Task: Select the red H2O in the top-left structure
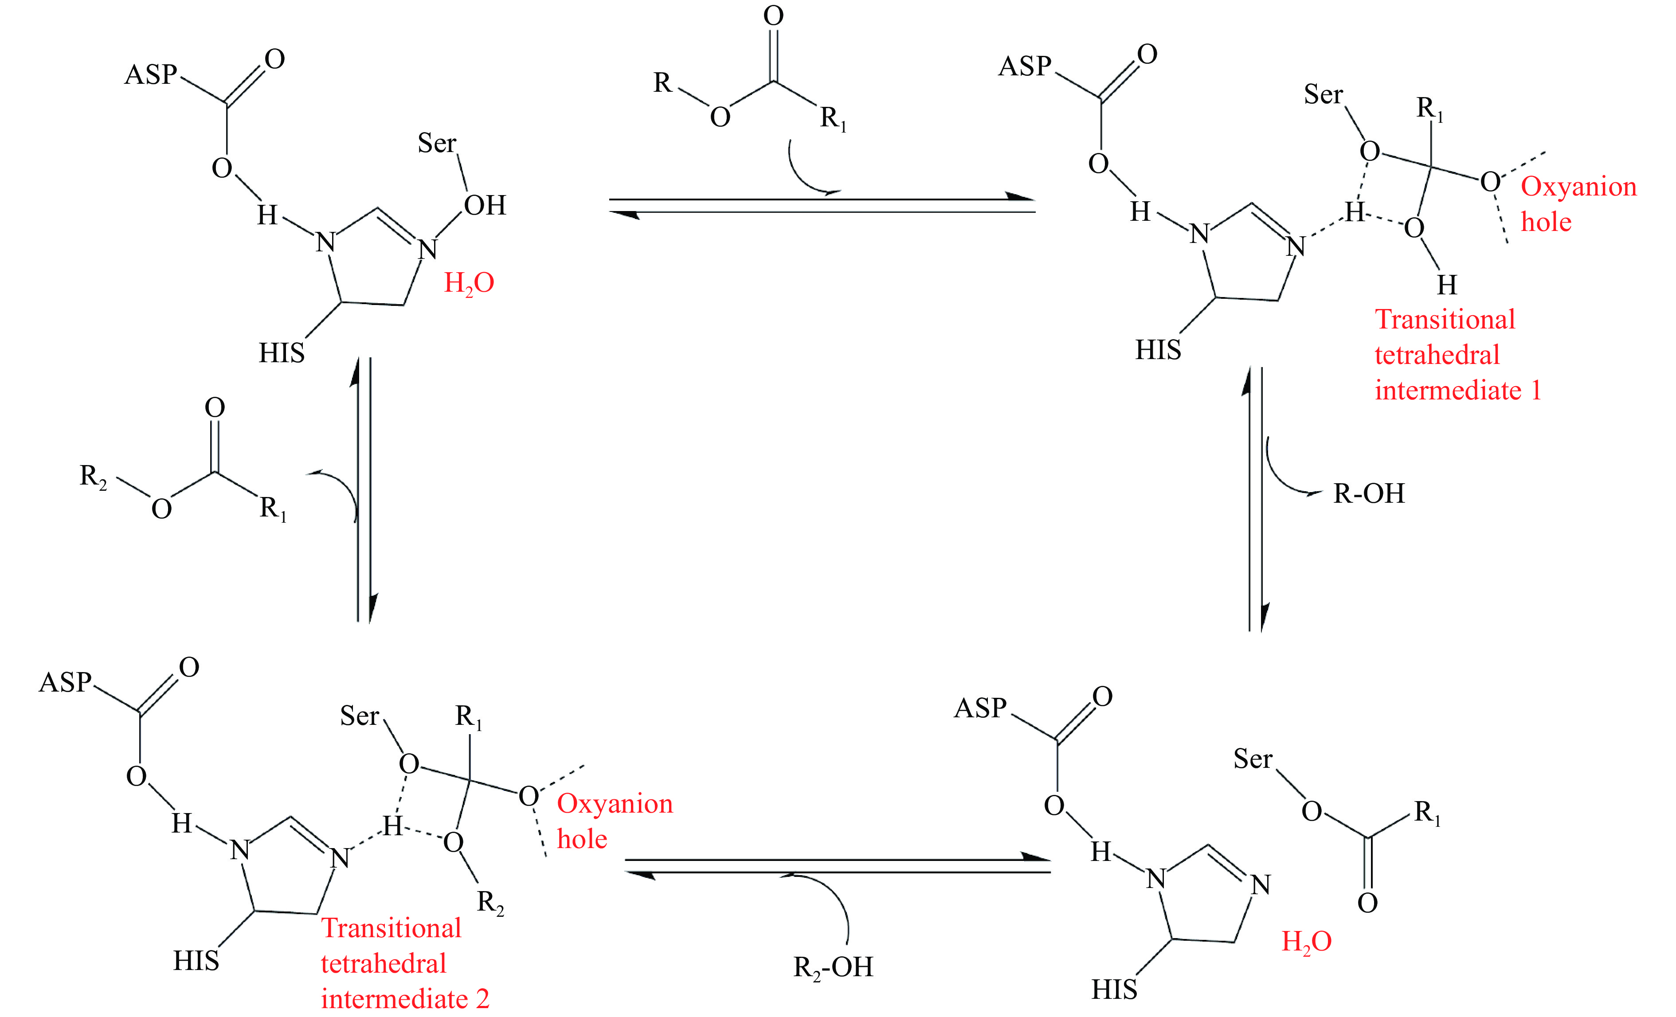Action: pos(469,283)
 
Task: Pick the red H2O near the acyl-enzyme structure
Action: pos(1306,942)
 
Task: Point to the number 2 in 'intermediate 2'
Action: pos(482,999)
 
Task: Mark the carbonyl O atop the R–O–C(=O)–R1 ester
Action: pos(773,16)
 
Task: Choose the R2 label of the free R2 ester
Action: pos(93,476)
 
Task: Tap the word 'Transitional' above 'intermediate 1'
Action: pos(1445,319)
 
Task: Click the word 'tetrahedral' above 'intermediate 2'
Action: pos(383,963)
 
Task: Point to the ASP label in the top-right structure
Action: pos(1024,66)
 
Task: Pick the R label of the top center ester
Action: pos(662,82)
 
